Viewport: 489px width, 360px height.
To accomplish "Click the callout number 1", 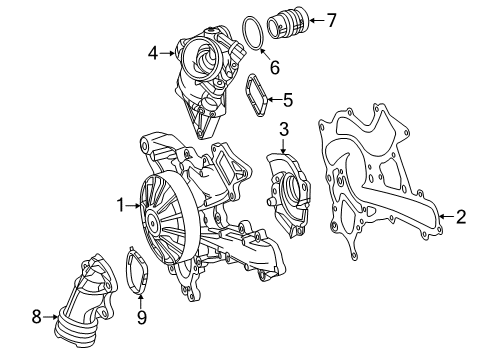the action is pyautogui.click(x=120, y=205).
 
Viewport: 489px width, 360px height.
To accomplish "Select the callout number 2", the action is pyautogui.click(x=461, y=217).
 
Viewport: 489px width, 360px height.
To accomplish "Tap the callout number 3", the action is pyautogui.click(x=284, y=129).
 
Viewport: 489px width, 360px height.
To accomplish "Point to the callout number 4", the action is pyautogui.click(x=153, y=53).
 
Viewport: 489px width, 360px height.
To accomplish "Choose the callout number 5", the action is pyautogui.click(x=288, y=100).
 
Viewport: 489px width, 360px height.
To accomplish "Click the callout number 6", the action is pyautogui.click(x=275, y=68).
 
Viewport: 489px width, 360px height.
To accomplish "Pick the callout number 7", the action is pyautogui.click(x=331, y=20).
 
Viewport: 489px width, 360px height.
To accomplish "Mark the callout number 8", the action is pyautogui.click(x=36, y=316).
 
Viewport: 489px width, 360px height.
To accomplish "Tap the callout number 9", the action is pyautogui.click(x=141, y=317).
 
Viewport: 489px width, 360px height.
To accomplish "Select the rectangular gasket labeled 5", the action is pyautogui.click(x=257, y=95).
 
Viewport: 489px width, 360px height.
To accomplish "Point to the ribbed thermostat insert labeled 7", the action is pyautogui.click(x=288, y=22).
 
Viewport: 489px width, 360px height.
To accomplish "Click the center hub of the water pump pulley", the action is pyautogui.click(x=153, y=220).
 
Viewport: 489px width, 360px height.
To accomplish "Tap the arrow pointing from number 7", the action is pyautogui.click(x=316, y=20).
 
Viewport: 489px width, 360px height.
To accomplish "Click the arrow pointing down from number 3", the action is pyautogui.click(x=283, y=146).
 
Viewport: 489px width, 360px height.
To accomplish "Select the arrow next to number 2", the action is pyautogui.click(x=446, y=217).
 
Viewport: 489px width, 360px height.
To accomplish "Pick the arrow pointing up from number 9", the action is pyautogui.click(x=141, y=300).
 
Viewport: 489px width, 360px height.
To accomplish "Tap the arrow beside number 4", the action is pyautogui.click(x=167, y=53).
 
